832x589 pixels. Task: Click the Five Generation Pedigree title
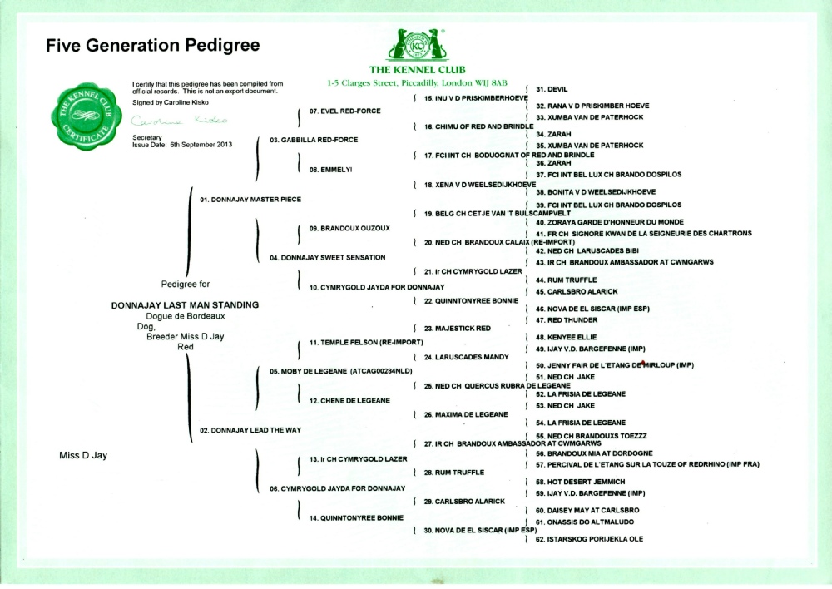coord(153,45)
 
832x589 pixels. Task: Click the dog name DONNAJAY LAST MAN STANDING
coord(185,305)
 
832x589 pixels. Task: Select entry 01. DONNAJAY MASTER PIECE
coord(250,200)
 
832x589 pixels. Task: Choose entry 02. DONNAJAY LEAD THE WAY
coord(250,430)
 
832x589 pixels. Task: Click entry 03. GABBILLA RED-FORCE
coord(314,140)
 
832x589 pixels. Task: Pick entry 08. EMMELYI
coord(331,170)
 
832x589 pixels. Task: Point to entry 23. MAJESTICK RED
coord(457,329)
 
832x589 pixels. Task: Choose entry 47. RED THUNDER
coord(555,320)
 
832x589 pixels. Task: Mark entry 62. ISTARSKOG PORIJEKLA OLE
coord(589,540)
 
